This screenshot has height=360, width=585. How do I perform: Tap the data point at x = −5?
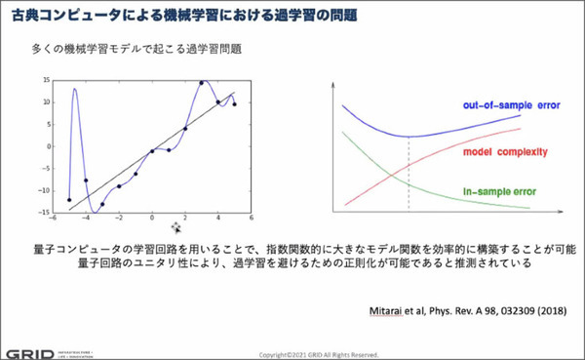click(x=69, y=200)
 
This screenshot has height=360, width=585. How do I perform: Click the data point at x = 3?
click(x=202, y=83)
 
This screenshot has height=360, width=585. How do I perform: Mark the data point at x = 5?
click(x=235, y=102)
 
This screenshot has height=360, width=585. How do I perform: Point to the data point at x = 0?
click(x=152, y=150)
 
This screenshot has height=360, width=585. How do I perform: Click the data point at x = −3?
click(x=102, y=204)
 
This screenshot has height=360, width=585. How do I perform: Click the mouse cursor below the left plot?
click(x=176, y=227)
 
